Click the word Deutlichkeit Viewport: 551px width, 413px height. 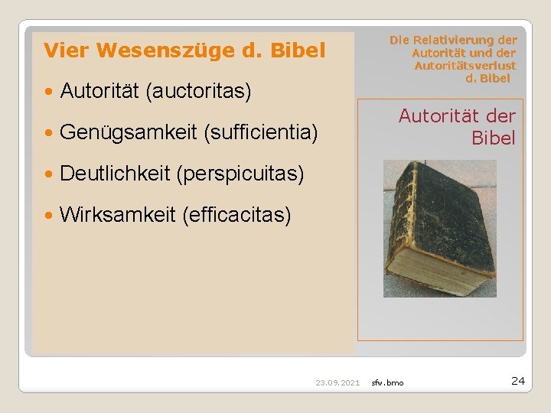[115, 174]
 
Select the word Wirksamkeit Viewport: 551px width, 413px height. [118, 215]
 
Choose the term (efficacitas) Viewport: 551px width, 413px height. [237, 215]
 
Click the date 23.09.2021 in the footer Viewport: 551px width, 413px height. [337, 382]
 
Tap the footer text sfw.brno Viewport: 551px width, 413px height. [388, 382]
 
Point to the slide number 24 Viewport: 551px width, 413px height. [517, 380]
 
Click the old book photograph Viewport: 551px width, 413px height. [440, 227]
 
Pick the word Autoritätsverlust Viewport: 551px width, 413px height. [465, 66]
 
